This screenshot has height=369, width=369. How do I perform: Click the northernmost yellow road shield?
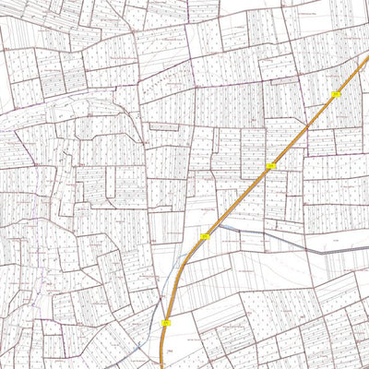pos(336,94)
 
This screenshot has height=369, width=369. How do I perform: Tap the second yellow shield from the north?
pos(271,166)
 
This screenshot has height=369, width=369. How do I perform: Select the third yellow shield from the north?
pos(205,237)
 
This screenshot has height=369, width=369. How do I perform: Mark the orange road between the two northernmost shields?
pos(304,129)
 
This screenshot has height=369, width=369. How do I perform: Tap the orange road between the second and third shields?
pos(238,201)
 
